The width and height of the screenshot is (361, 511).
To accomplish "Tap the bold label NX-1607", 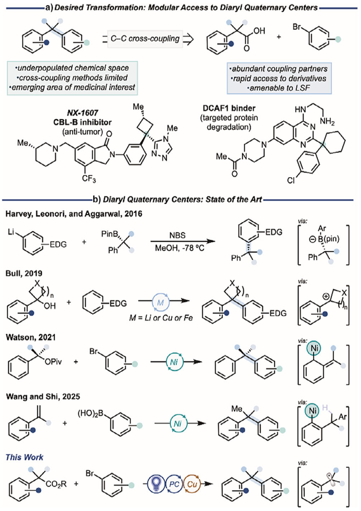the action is coord(82,114).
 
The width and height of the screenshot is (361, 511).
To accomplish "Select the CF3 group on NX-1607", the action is coord(89,178).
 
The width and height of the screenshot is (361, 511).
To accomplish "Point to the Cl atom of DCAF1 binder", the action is coord(291,180).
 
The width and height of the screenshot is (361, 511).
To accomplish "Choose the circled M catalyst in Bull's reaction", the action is coord(160,303).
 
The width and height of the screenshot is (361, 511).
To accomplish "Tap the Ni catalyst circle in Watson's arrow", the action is coord(174,362).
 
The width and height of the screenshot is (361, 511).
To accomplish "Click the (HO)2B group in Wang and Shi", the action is coord(93,414).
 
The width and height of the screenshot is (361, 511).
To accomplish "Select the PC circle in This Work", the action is coord(174,484).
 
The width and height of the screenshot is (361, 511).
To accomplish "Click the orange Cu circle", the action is coord(192,484).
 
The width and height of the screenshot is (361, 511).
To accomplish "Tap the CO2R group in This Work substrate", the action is coord(56,484).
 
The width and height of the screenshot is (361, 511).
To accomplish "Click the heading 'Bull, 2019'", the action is coord(24,273).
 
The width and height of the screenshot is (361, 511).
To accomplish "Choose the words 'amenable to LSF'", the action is coord(279,87).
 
